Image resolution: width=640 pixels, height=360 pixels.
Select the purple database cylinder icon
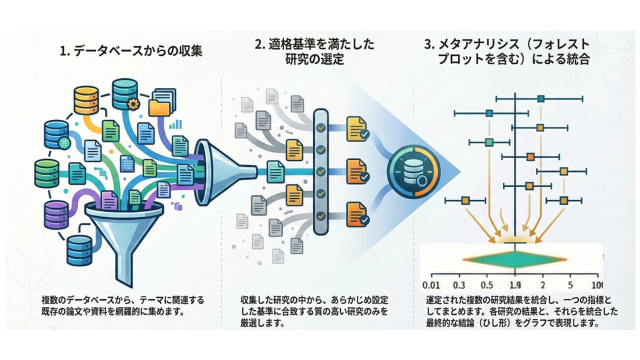click(56, 214)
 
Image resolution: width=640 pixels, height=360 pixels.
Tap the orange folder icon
click(159, 107)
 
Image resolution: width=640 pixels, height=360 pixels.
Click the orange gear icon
click(133, 104)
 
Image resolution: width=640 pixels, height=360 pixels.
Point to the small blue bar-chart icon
click(175, 123)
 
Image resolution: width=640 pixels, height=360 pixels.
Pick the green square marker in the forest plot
click(489, 142)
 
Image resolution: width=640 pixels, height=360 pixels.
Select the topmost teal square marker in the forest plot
click(540, 99)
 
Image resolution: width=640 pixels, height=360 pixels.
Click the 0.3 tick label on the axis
click(459, 285)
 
